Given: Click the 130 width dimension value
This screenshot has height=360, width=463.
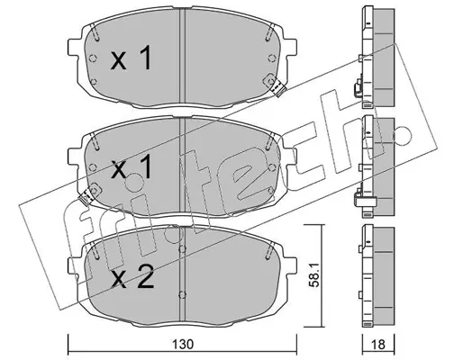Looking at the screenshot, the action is coord(183,345).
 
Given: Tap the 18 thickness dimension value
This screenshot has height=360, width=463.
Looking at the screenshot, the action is coord(379,345).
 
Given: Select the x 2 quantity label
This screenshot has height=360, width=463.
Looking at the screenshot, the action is coord(132,277).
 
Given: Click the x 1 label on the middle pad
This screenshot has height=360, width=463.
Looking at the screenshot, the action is coord(131,168).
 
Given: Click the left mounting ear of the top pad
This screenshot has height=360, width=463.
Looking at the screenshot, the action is coord(75,48).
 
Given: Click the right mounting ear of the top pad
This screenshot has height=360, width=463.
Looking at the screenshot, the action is coord(290,48).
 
